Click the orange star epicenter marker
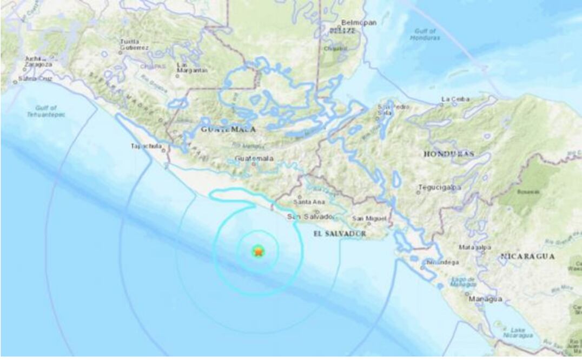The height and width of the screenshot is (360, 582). point(259,251)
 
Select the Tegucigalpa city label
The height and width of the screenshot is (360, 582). point(439,188)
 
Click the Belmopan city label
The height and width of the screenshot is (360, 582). point(356,23)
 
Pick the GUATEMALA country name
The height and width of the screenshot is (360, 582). point(228,130)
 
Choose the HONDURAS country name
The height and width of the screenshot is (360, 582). point(448,154)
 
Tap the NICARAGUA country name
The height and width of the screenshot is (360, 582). point(527,256)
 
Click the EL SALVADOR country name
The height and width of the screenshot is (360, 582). point(340,234)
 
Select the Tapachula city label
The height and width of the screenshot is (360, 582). point(147,146)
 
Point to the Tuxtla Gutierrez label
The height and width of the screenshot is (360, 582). point(134,44)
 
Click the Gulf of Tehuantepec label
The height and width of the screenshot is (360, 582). point(46,111)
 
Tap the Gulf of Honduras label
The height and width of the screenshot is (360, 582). point(425,35)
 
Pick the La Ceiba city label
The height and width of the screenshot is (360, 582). point(455,99)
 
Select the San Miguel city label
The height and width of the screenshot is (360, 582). point(369,218)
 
